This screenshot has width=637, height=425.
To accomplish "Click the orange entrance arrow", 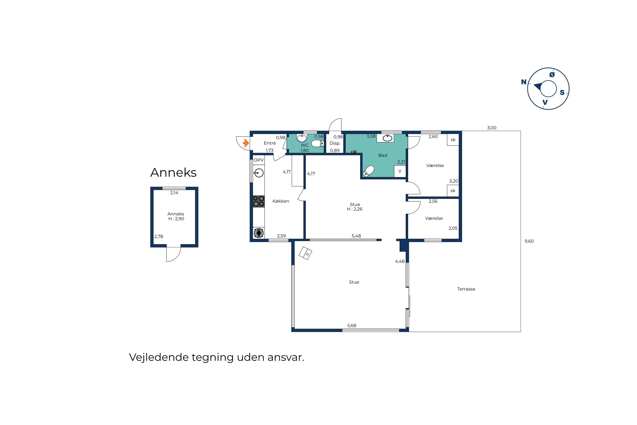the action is (x=245, y=143).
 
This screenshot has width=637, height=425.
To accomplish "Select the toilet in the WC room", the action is (x=318, y=143).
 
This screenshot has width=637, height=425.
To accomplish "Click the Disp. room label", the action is (x=335, y=143).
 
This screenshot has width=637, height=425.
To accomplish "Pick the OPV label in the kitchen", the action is (x=258, y=160).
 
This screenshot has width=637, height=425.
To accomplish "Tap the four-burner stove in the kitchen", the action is (x=258, y=201).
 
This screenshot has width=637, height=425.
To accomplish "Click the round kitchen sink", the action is (x=259, y=173).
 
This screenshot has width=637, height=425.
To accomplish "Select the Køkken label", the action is (x=281, y=201).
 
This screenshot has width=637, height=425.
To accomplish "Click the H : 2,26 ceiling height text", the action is (x=355, y=209).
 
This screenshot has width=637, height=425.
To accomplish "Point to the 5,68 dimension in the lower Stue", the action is (x=352, y=325).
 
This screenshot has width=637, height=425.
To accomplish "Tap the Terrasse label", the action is (x=466, y=289).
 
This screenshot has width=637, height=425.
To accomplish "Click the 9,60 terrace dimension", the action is (x=529, y=241).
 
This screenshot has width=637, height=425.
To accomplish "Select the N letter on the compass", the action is (x=524, y=82).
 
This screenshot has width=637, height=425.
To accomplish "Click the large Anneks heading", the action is (x=173, y=172).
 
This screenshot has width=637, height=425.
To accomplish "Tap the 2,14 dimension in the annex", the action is (x=174, y=193).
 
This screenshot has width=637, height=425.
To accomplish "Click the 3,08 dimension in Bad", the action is (x=371, y=136).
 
